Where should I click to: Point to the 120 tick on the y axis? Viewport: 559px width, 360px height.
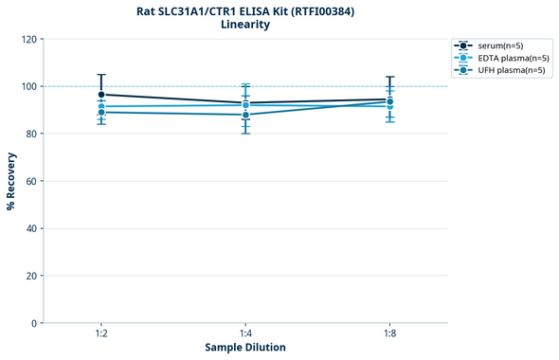point(28,39)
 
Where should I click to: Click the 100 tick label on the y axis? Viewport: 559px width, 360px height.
point(28,86)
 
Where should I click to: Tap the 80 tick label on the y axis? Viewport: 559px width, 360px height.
point(31,134)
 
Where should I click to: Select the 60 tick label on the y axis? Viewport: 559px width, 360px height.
point(31,181)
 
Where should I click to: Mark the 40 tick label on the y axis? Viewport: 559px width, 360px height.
point(31,228)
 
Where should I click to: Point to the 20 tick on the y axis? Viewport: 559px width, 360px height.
point(31,276)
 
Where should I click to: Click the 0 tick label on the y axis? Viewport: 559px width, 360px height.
point(34,323)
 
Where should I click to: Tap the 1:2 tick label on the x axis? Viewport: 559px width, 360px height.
point(101,334)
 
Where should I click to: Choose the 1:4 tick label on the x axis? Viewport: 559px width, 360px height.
point(245,334)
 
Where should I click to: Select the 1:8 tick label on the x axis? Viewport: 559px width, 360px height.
point(389,334)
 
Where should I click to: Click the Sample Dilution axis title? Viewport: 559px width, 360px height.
point(245,348)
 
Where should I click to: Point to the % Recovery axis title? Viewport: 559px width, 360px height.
point(11,181)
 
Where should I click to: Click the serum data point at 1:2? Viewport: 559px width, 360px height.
point(101,95)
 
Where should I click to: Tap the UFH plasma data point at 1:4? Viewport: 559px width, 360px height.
point(245,115)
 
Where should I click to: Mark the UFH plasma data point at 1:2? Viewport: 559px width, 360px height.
point(101,113)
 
